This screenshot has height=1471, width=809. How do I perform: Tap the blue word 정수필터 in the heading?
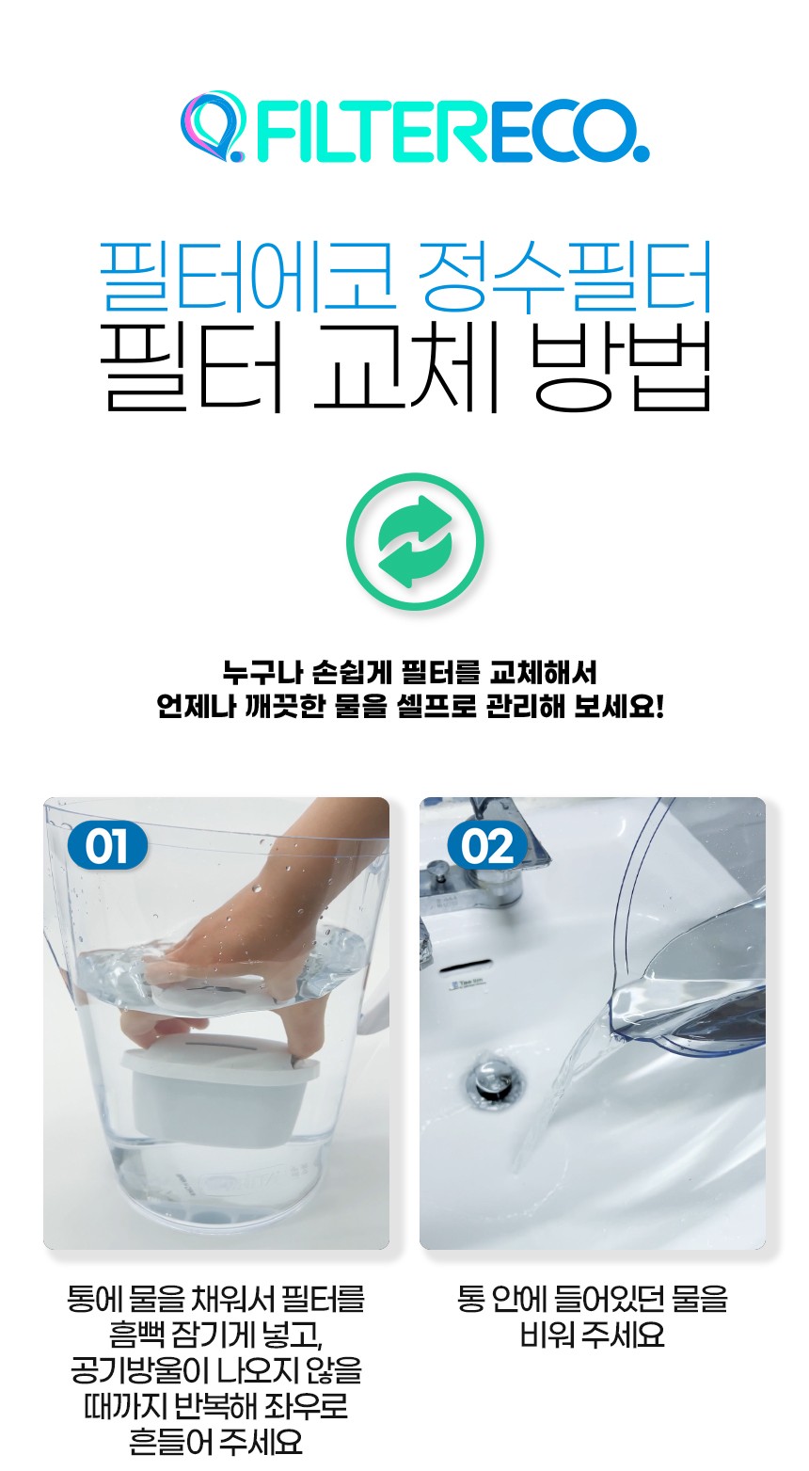point(565,276)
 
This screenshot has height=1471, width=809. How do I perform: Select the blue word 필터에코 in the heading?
point(247,276)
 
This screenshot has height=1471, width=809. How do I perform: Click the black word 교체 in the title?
point(405,367)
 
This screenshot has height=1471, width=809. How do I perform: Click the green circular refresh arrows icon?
point(415,542)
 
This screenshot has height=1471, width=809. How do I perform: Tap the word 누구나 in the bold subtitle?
point(262,673)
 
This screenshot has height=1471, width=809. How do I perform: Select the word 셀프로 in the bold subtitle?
point(437,707)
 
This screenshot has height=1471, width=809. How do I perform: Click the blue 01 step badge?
point(107,846)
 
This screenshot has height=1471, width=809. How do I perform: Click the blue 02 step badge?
point(487,846)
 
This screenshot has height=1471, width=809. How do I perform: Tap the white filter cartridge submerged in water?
point(220,1089)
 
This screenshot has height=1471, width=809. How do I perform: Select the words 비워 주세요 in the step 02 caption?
point(593,1335)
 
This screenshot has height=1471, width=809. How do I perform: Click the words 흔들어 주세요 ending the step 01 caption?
point(216,1440)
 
